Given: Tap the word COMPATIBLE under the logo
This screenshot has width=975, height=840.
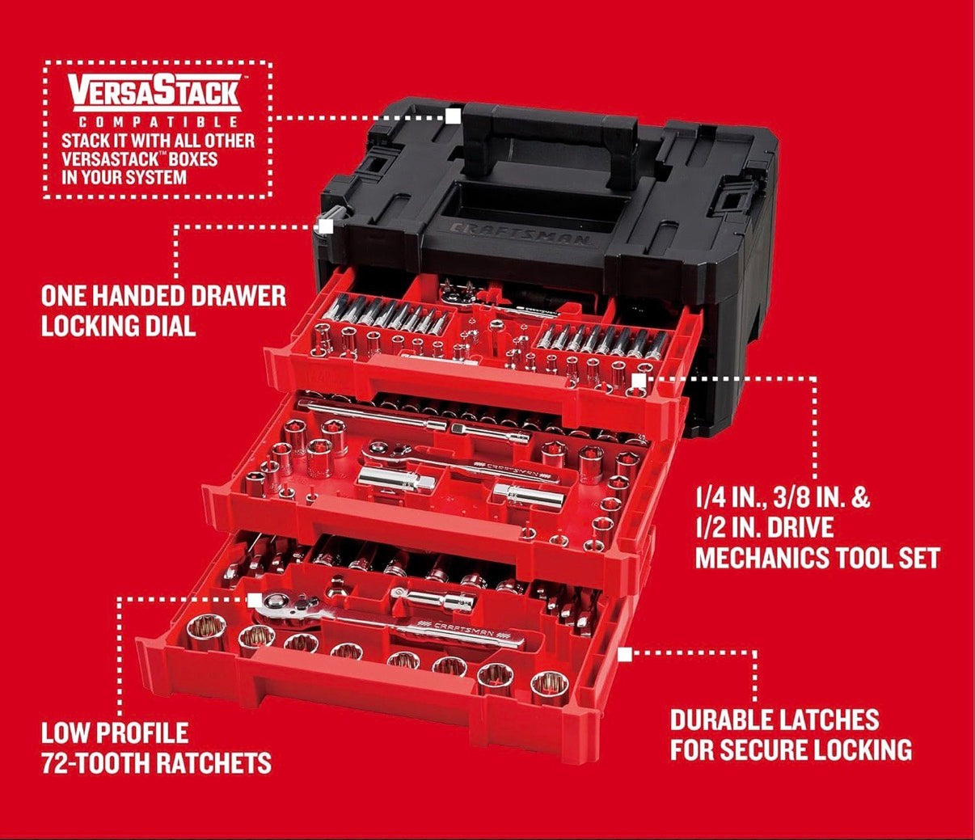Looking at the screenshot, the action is pos(158,123).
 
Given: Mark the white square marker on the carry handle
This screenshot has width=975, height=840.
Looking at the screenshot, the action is pos(454,116).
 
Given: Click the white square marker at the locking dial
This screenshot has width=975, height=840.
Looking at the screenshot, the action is pos(326,226).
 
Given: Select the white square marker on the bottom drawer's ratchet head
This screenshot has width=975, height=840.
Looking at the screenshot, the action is pos(255,600).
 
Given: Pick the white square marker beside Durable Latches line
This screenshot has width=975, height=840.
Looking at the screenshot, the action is pos(625,654).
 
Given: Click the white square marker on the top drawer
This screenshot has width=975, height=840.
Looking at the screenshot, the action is pos(638,380).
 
